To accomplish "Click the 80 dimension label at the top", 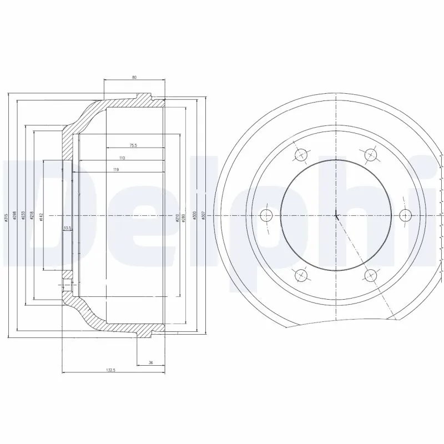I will (134, 77).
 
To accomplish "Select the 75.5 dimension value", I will (134, 145).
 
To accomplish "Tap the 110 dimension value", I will (122, 158).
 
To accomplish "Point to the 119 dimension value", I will (117, 169).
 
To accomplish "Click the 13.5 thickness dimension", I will (67, 228).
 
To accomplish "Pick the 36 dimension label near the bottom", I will (150, 362).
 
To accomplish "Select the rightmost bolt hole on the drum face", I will (405, 215).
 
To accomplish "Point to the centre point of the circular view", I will (337, 215).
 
